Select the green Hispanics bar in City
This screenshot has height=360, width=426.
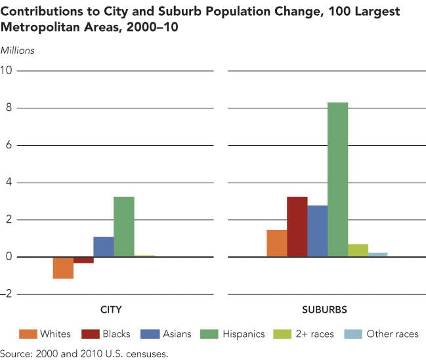point(123,227)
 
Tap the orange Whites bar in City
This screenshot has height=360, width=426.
point(63,268)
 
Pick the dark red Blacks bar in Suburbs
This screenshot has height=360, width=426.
point(297,227)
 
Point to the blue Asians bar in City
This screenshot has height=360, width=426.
point(103,247)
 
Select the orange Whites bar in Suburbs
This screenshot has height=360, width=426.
point(276,243)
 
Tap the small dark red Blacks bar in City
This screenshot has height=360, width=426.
point(83,260)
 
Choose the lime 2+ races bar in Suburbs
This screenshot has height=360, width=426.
point(358,250)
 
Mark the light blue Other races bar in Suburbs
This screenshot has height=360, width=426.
point(378,255)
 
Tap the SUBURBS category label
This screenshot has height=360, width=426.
point(325,309)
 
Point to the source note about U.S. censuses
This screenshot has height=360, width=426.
point(85,353)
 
